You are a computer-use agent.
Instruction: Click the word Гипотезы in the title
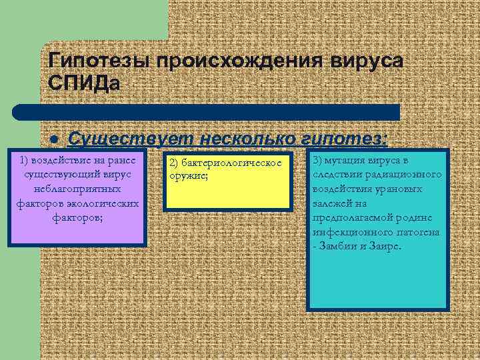tap(99, 61)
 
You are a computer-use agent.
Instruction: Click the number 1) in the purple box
tap(27, 161)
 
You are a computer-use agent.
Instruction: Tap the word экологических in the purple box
tap(99, 203)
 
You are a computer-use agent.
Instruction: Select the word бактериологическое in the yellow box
tap(233, 163)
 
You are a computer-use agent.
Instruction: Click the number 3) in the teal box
tap(318, 161)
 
